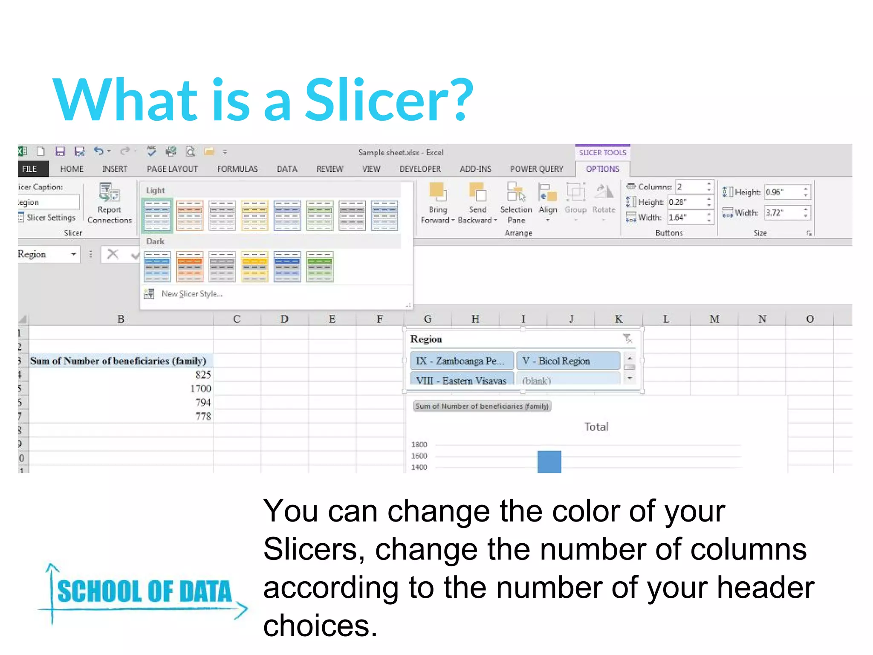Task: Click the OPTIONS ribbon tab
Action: click(602, 169)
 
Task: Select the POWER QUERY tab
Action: click(536, 169)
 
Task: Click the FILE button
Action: click(30, 169)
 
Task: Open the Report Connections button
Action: click(110, 203)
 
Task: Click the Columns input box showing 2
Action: click(691, 187)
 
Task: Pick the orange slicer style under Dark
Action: click(190, 267)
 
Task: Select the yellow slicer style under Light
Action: click(254, 215)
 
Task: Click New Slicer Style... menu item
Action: click(191, 294)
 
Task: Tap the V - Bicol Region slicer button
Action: click(567, 361)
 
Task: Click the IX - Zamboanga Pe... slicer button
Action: click(462, 361)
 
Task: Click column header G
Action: click(428, 319)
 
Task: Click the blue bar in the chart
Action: click(549, 461)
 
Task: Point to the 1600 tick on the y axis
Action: click(419, 456)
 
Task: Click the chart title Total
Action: click(596, 426)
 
